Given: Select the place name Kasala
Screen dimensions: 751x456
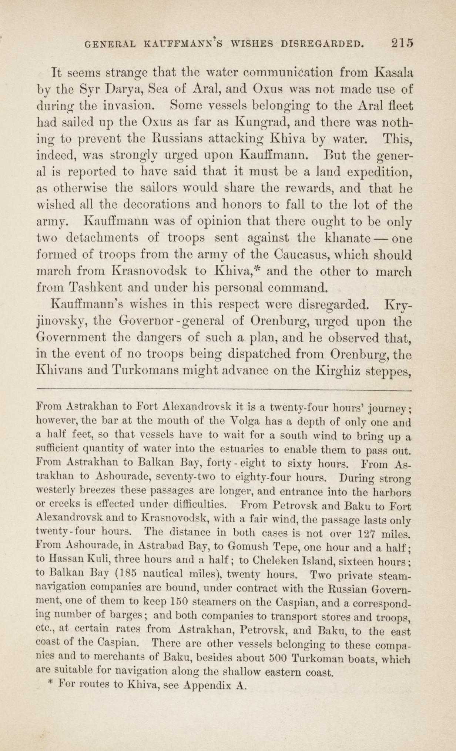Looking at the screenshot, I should [x=393, y=72].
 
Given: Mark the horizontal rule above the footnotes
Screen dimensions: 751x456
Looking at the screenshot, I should [x=224, y=390].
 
